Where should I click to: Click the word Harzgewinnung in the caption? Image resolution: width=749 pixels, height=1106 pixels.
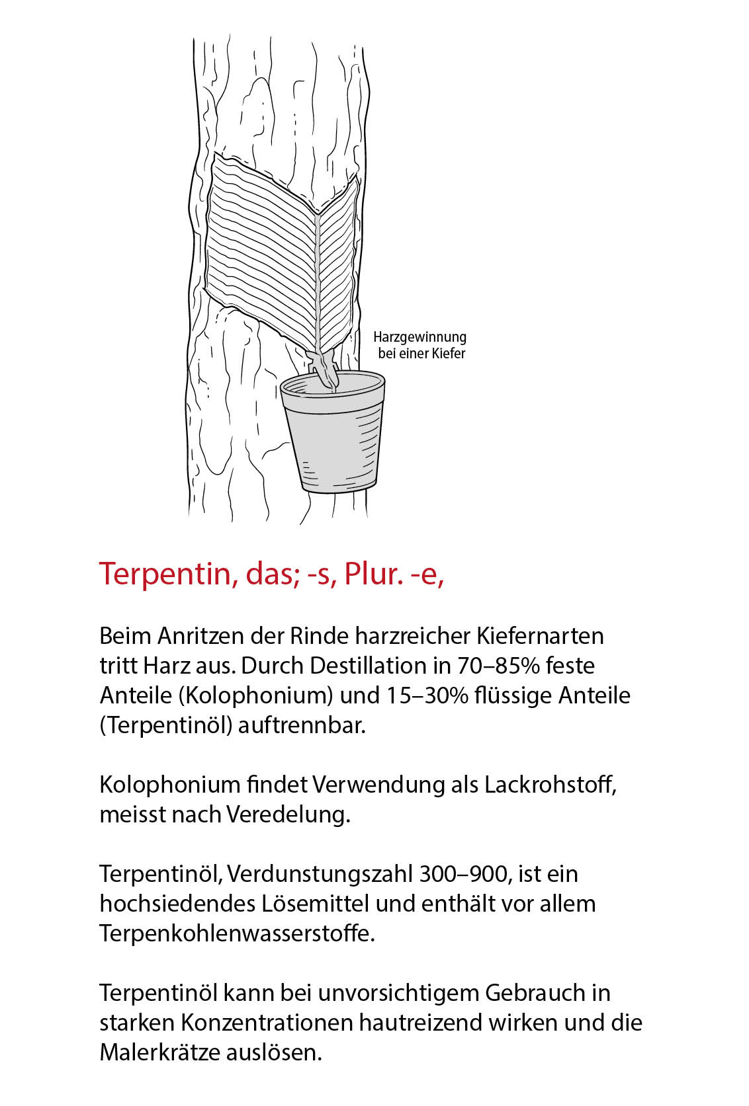pyautogui.click(x=419, y=337)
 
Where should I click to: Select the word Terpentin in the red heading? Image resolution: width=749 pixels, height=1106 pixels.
pyautogui.click(x=163, y=573)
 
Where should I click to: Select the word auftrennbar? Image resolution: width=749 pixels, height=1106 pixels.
pyautogui.click(x=302, y=725)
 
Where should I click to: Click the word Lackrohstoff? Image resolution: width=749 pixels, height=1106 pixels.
pyautogui.click(x=550, y=785)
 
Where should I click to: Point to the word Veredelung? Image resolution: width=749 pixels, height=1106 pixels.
pyautogui.click(x=288, y=814)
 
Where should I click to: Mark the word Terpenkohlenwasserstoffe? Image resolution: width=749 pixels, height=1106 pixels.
pyautogui.click(x=237, y=933)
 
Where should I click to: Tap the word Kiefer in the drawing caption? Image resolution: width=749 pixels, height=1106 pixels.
pyautogui.click(x=449, y=354)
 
